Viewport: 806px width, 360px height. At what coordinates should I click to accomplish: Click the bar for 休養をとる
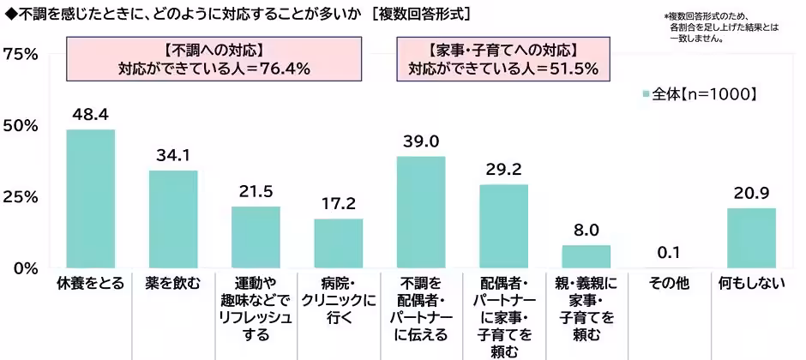click(x=91, y=199)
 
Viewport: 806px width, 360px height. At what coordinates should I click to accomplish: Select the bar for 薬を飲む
click(x=173, y=219)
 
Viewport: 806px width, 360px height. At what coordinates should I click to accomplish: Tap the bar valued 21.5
click(x=256, y=237)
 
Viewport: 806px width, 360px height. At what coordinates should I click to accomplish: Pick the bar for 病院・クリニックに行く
click(x=339, y=243)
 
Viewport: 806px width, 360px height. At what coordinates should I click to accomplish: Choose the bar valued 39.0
click(x=421, y=213)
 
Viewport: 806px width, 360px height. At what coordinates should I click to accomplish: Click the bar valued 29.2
click(x=503, y=226)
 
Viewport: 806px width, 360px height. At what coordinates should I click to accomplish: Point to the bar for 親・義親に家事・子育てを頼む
click(x=586, y=256)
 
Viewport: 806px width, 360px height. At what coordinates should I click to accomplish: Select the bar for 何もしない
click(x=751, y=238)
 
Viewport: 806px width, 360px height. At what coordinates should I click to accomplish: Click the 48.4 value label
click(x=91, y=113)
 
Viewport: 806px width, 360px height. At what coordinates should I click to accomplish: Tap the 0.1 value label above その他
click(x=669, y=252)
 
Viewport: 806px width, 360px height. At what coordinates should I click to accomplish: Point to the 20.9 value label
click(x=751, y=192)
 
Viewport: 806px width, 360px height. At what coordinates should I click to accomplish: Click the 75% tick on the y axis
click(x=21, y=54)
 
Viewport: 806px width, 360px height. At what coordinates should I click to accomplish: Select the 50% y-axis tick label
click(x=21, y=126)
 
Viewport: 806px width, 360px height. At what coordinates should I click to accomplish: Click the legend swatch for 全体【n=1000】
click(x=646, y=93)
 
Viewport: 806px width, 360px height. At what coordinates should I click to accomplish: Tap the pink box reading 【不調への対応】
click(x=214, y=58)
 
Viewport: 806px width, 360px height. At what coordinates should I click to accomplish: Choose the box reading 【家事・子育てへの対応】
click(x=502, y=58)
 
